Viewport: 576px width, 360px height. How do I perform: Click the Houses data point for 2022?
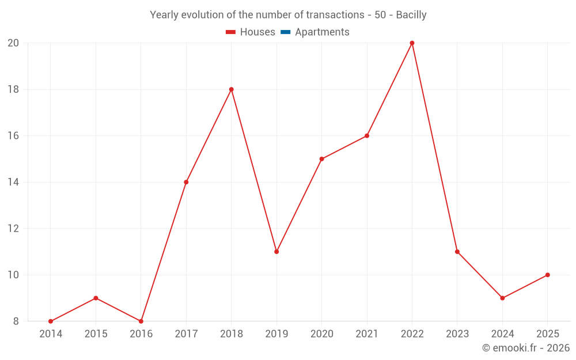click(412, 43)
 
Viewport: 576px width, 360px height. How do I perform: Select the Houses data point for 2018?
click(232, 89)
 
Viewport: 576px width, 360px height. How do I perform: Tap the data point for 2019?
click(276, 252)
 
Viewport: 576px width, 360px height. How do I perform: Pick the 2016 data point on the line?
click(141, 321)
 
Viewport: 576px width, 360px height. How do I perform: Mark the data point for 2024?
click(502, 298)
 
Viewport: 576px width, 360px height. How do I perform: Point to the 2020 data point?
click(322, 159)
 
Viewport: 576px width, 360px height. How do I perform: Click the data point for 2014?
click(51, 321)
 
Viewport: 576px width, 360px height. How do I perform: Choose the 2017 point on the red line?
click(186, 182)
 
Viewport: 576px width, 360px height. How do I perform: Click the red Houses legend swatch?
click(231, 32)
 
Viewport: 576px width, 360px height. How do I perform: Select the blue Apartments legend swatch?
click(286, 32)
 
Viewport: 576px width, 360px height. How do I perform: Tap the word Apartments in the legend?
click(322, 32)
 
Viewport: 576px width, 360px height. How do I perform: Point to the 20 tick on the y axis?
click(13, 43)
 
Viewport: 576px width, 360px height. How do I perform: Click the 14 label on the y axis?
click(13, 182)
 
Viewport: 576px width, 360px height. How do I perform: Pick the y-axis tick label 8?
click(16, 321)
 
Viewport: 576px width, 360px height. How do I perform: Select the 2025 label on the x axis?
click(548, 334)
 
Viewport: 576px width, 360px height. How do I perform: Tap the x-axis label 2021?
click(367, 334)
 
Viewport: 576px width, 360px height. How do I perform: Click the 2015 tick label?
click(96, 334)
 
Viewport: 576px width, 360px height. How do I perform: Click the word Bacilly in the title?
click(411, 15)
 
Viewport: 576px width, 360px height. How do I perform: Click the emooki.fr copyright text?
click(526, 348)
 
